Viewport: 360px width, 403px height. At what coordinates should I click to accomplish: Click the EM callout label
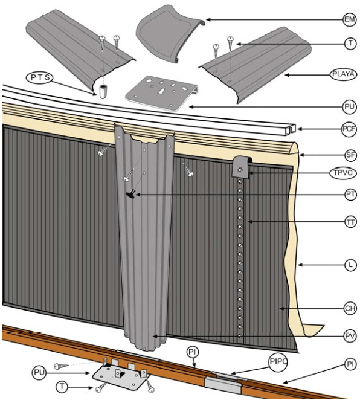(x=349, y=20)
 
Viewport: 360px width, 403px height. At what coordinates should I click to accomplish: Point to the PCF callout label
(x=348, y=129)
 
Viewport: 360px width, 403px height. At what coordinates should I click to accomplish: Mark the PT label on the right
(x=349, y=195)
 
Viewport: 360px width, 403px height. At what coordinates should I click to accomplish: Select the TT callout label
(x=349, y=222)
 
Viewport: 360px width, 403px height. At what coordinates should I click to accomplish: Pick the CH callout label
(x=349, y=309)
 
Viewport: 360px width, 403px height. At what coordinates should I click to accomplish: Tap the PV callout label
(x=349, y=335)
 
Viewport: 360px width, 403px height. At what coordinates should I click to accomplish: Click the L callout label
(x=349, y=265)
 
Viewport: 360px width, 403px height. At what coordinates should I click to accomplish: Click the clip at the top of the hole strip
(x=242, y=165)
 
